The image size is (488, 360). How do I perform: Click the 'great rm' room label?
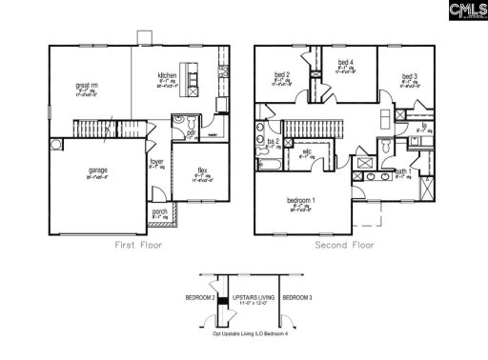click(x=83, y=86)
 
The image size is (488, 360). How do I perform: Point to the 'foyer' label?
click(x=156, y=162)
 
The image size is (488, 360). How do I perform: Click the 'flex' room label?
click(x=202, y=170)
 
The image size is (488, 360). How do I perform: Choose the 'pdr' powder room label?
click(x=191, y=133)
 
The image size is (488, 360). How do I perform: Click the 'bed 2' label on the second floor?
click(x=282, y=75)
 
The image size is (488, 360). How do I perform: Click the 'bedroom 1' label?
click(x=302, y=200)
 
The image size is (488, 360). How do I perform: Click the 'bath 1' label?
click(x=402, y=171)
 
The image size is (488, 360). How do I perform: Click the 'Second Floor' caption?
click(x=346, y=245)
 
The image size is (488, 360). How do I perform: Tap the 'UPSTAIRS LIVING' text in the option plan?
click(x=254, y=298)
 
